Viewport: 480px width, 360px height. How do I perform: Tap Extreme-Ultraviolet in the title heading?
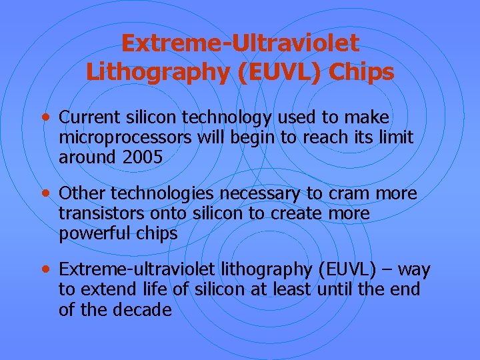pos(240,43)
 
